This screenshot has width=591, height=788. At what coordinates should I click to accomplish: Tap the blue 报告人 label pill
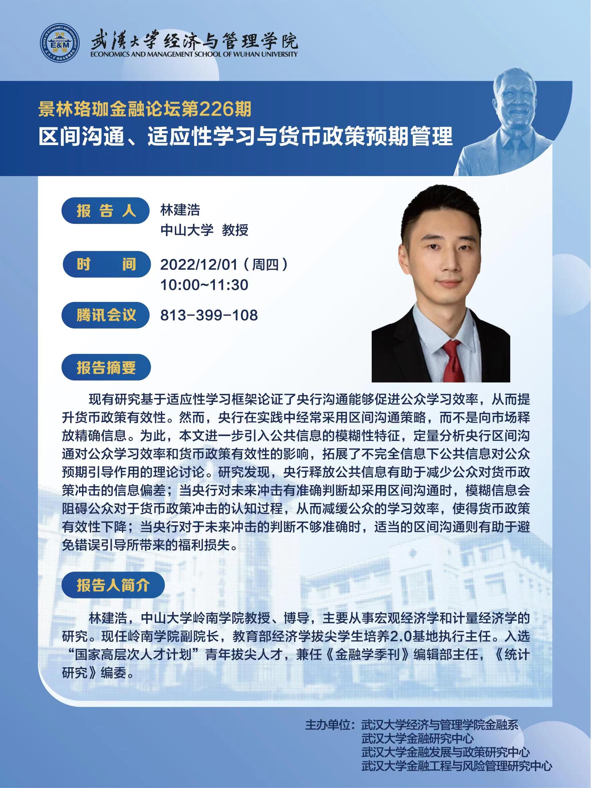coord(105,211)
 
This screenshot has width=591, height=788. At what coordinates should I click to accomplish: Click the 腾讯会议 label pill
coord(106,315)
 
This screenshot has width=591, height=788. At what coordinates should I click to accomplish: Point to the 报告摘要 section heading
coord(106,367)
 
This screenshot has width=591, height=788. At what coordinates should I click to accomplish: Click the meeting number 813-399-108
coord(209,315)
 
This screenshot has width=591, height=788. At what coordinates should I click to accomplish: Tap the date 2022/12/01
coord(199,265)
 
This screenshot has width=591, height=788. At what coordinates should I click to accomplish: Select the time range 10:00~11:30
coord(204,285)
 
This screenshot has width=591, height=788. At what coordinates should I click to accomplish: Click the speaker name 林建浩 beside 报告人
coord(180,210)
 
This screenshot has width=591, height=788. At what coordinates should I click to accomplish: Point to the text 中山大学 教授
coord(205,231)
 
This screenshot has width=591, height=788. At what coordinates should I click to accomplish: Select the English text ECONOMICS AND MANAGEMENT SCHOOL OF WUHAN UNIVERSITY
coord(194,54)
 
